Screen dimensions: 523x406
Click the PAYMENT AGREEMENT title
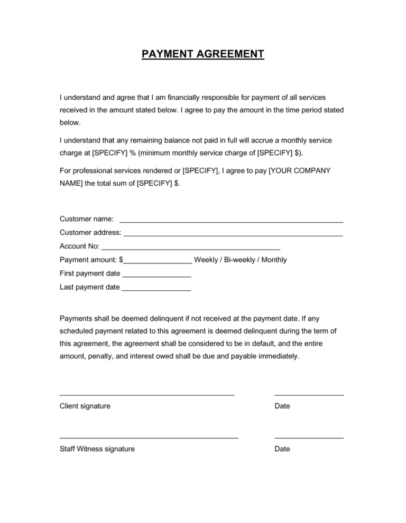tap(202, 54)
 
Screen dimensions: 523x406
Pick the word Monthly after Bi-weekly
tap(274, 260)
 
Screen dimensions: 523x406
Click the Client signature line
tap(147, 394)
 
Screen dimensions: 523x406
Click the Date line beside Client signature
tap(309, 394)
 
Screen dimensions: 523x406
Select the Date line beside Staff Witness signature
tap(309, 438)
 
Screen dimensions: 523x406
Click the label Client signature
tap(85, 406)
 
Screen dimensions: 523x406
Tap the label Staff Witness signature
tap(97, 449)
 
